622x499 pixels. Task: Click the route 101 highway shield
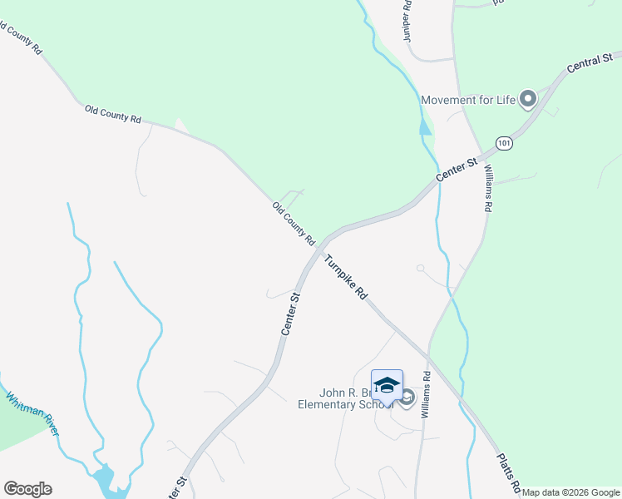(503, 143)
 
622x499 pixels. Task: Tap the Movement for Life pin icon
(527, 100)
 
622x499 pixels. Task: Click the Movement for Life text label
(468, 101)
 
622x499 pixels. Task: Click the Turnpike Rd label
(346, 276)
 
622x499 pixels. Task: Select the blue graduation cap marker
(387, 386)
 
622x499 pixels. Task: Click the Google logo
(27, 489)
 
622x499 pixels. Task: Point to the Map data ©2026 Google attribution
(570, 492)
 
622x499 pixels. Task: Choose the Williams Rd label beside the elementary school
(426, 394)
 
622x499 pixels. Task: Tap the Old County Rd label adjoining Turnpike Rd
(293, 223)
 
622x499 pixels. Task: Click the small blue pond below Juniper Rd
(426, 127)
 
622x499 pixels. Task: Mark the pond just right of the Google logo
(104, 478)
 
